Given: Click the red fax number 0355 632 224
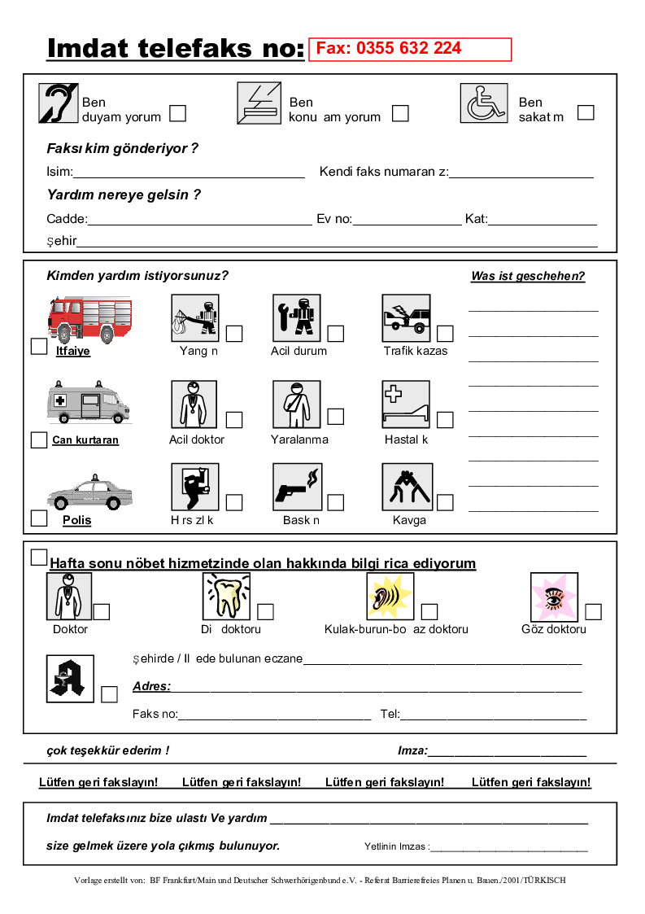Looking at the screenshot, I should click(389, 49).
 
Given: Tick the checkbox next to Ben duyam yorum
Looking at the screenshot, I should click(177, 113).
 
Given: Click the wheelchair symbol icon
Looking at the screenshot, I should click(484, 103).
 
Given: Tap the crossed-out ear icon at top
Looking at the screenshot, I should click(58, 103).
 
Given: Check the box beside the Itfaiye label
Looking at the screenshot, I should click(39, 347).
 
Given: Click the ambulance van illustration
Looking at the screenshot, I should click(88, 401).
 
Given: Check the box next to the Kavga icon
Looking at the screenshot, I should click(445, 502).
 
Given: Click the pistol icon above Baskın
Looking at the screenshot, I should click(297, 487).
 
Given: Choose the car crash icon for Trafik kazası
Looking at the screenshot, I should click(406, 318).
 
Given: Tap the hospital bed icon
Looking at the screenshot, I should click(406, 405).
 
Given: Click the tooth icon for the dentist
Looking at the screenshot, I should click(226, 597).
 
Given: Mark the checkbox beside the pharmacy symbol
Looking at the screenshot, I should click(110, 694).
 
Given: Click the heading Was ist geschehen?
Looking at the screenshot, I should click(528, 276).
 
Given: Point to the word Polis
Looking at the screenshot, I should click(76, 520).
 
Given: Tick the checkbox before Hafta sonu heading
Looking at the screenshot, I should click(38, 558).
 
